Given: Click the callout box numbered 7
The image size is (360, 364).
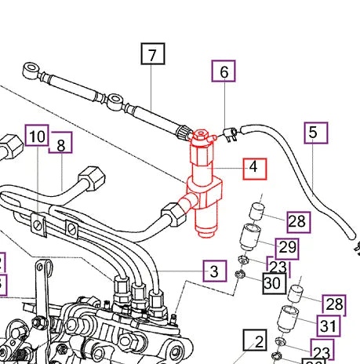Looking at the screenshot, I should (152, 54).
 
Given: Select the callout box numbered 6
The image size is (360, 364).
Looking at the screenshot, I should (224, 72).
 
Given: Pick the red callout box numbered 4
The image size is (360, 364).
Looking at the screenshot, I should (253, 167).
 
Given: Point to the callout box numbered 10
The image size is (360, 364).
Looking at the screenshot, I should (37, 136).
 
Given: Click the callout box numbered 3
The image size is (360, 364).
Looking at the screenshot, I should (213, 271).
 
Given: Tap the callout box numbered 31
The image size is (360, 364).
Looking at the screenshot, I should (328, 325).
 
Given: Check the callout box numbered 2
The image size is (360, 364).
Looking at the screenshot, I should (255, 341).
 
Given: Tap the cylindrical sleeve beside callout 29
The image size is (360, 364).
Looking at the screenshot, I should (248, 235).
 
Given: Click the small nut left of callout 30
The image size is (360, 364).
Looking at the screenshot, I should (240, 275).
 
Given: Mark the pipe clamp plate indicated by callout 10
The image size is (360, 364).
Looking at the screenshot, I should (36, 223).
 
